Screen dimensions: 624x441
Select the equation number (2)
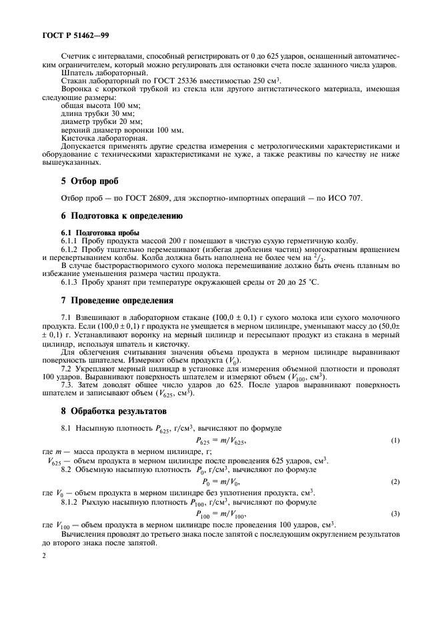click(x=395, y=481)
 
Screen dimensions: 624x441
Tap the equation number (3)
click(x=395, y=514)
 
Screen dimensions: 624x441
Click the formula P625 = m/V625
click(x=221, y=440)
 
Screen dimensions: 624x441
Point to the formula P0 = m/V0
click(x=220, y=481)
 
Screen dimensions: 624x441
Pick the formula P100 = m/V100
click(x=221, y=514)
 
